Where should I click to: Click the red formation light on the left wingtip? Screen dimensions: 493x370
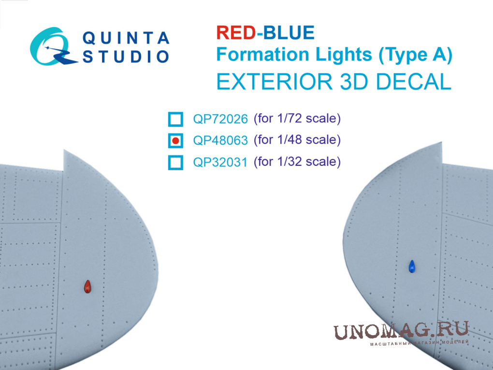point(87,287)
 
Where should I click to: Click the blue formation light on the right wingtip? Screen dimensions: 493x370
point(412,266)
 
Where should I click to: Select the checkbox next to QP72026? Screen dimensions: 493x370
point(175,119)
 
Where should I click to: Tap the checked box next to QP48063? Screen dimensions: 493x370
point(175,141)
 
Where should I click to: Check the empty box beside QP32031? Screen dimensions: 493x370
point(175,163)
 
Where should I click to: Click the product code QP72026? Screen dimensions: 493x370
point(220,119)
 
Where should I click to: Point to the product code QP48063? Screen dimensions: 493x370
point(220,140)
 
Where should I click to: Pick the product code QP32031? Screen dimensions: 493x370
point(220,162)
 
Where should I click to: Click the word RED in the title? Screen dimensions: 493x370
point(236,32)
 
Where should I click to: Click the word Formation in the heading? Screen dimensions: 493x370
point(263,55)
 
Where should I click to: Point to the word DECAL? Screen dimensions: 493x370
point(413,82)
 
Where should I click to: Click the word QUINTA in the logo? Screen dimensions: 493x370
point(126,38)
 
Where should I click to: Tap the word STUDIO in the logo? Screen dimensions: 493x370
point(126,57)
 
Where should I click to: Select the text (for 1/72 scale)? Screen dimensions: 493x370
point(297,118)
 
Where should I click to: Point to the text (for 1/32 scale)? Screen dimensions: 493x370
point(297,162)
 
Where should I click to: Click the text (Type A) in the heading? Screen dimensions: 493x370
point(415,55)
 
